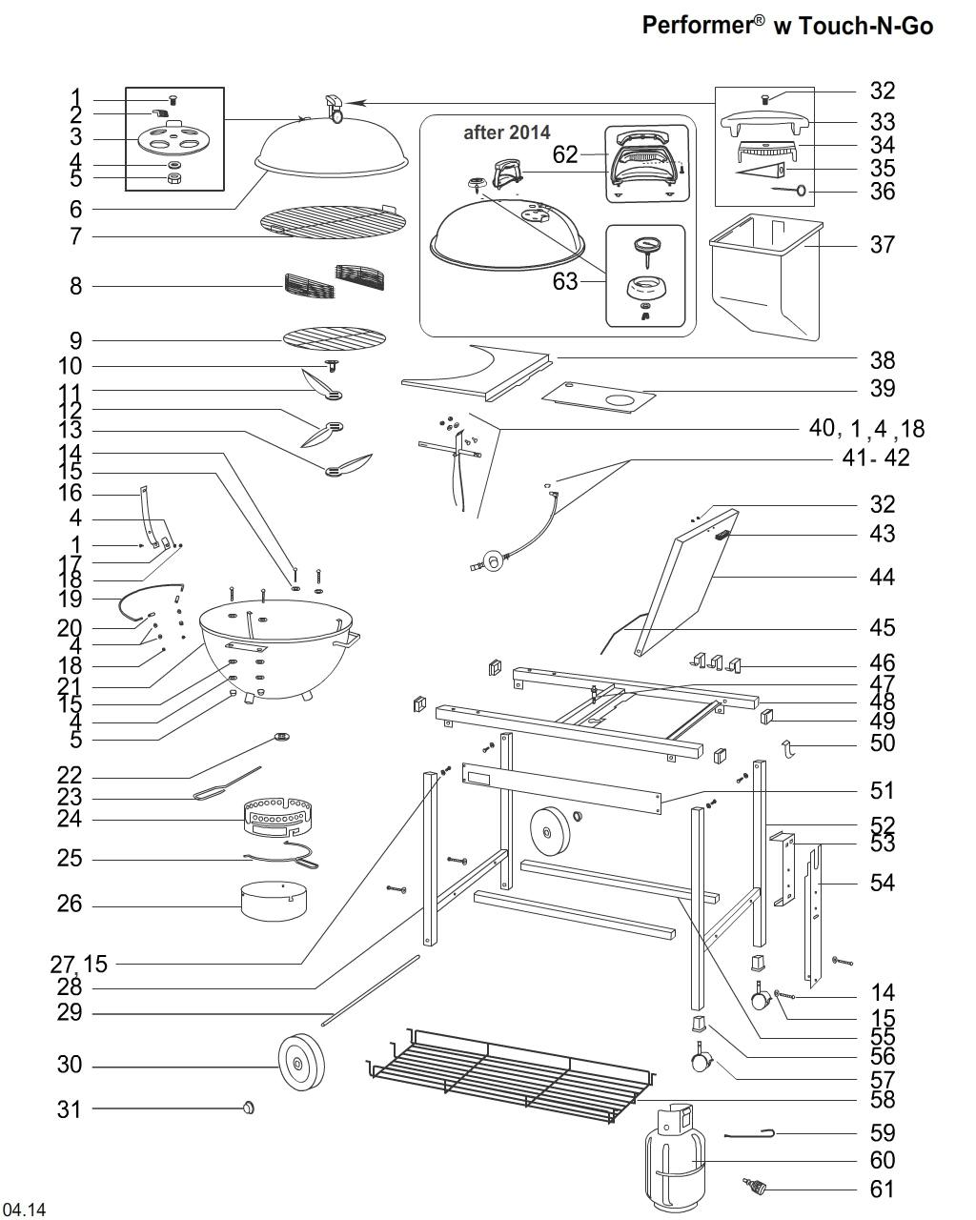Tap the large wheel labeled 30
tap(301, 1064)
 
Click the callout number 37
tap(883, 245)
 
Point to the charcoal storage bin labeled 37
tap(765, 276)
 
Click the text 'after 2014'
tap(506, 133)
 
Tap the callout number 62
tap(565, 154)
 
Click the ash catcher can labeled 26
tap(274, 902)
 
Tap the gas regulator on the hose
tap(494, 559)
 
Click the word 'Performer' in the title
tap(698, 25)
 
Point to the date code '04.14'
tap(25, 1210)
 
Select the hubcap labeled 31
tap(250, 1108)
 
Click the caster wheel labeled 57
tap(701, 1059)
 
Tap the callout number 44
tap(883, 577)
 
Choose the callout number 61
tap(883, 1189)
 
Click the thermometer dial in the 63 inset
tap(646, 247)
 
